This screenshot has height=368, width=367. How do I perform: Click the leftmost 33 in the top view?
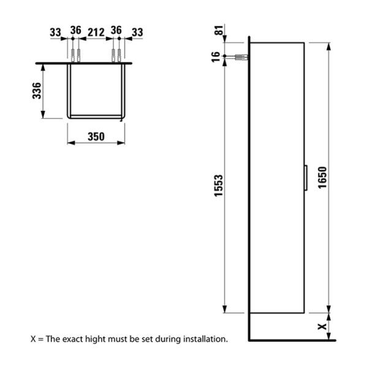click(56, 31)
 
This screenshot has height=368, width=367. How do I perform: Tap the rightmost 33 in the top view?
click(137, 31)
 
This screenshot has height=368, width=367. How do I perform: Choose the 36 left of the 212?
click(75, 31)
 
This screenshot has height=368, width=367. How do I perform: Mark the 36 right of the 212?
click(116, 31)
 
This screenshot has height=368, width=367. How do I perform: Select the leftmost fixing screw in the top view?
click(73, 55)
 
